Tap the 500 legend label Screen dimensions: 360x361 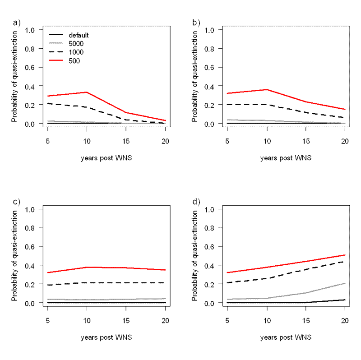[x=74, y=61]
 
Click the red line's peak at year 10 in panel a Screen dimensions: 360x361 [x=87, y=92]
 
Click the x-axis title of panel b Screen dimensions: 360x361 [x=285, y=158]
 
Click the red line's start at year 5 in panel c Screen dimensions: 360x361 [x=47, y=272]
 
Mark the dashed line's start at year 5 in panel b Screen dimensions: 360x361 [x=227, y=104]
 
